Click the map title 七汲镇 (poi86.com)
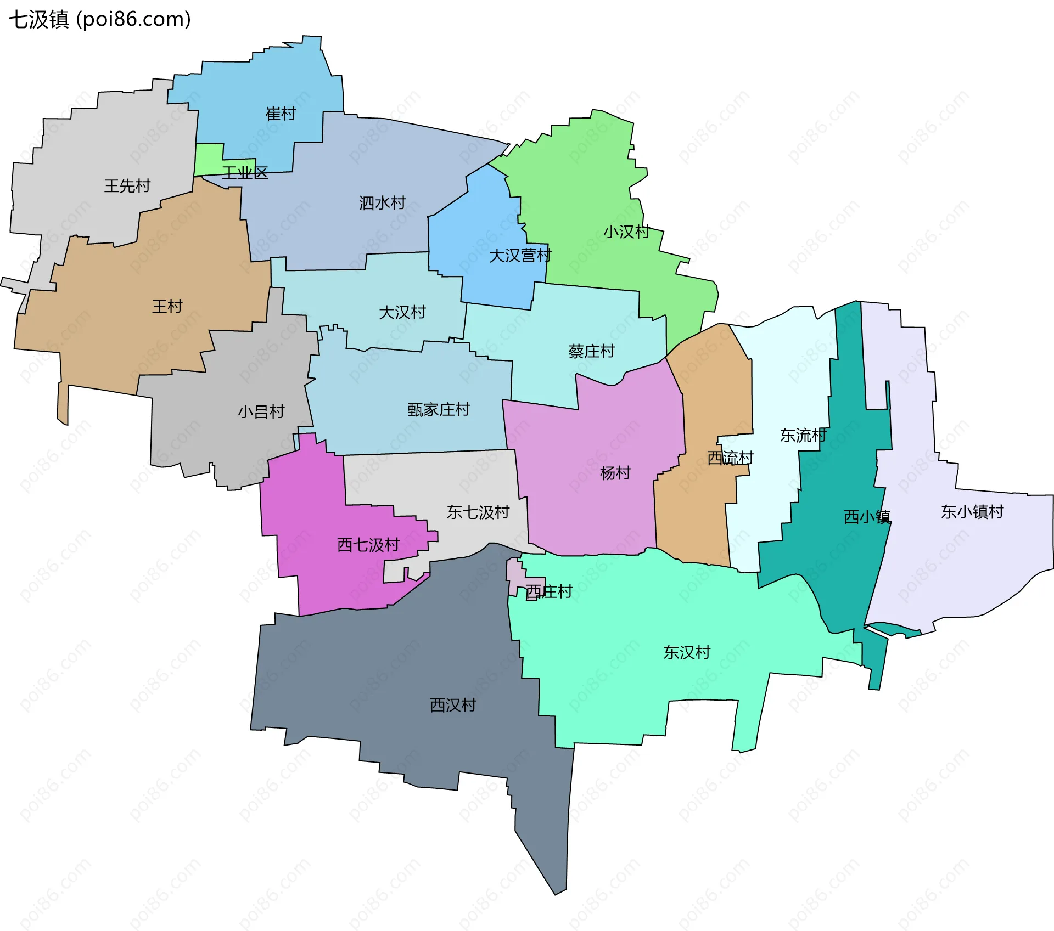100,20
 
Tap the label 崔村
281,114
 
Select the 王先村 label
127,186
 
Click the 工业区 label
245,173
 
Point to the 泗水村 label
382,203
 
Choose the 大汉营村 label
520,256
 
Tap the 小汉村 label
626,232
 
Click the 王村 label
167,306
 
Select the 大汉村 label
402,312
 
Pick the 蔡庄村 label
591,351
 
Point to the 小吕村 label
261,411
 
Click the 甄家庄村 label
439,409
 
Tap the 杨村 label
615,473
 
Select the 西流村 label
730,458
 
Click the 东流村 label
803,436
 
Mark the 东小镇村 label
972,512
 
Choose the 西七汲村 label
368,545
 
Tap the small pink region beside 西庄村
515,576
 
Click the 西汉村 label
453,705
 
